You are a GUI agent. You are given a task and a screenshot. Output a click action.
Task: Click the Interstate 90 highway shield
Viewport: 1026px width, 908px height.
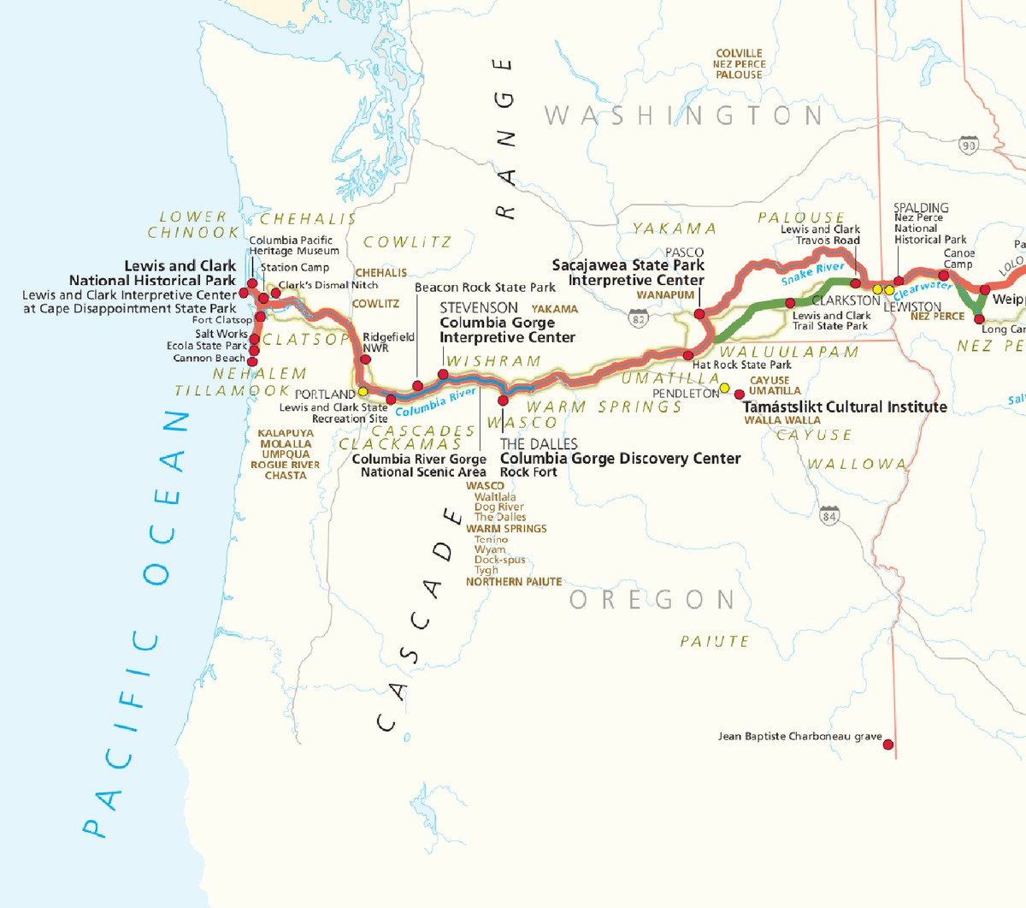[x=968, y=145]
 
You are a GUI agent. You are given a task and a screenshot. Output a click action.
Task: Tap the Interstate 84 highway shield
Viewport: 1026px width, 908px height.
[x=828, y=515]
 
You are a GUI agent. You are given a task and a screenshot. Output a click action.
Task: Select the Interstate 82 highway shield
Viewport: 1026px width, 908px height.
[x=638, y=319]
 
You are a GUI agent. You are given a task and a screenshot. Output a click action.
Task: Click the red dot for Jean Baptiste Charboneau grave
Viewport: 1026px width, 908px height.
[x=888, y=745]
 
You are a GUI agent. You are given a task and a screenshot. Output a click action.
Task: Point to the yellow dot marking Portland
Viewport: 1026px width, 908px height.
[x=363, y=391]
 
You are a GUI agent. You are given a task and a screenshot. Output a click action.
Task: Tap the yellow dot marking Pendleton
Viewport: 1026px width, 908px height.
[x=725, y=388]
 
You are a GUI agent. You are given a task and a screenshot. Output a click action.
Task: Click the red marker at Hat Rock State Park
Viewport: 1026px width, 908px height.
[x=687, y=354]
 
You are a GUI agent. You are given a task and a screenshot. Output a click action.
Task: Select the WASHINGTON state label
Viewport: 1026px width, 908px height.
[x=683, y=116]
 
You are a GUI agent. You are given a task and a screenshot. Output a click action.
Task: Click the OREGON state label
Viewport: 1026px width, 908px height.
[x=652, y=600]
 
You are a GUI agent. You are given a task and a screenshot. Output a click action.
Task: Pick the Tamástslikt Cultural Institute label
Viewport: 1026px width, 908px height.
[x=845, y=407]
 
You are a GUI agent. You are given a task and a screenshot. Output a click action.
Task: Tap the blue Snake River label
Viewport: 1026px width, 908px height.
[x=812, y=274]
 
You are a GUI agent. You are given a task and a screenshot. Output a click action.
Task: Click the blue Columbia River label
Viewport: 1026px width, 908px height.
[x=435, y=401]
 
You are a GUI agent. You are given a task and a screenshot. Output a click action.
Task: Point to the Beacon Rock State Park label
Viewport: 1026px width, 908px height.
[x=485, y=288]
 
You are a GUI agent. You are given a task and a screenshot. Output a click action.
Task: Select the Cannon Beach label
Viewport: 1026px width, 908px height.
[x=209, y=359]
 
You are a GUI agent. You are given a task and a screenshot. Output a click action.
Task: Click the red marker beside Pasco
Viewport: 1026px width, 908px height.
[x=699, y=314]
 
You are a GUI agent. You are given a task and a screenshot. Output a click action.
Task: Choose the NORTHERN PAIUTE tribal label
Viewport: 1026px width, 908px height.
[x=514, y=582]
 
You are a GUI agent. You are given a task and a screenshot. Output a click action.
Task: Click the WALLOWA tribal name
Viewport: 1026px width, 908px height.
[x=857, y=465]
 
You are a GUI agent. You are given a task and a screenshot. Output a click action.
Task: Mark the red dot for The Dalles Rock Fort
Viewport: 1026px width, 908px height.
[x=503, y=401]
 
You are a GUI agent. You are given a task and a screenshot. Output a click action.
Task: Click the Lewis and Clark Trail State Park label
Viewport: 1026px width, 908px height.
[x=830, y=321]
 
